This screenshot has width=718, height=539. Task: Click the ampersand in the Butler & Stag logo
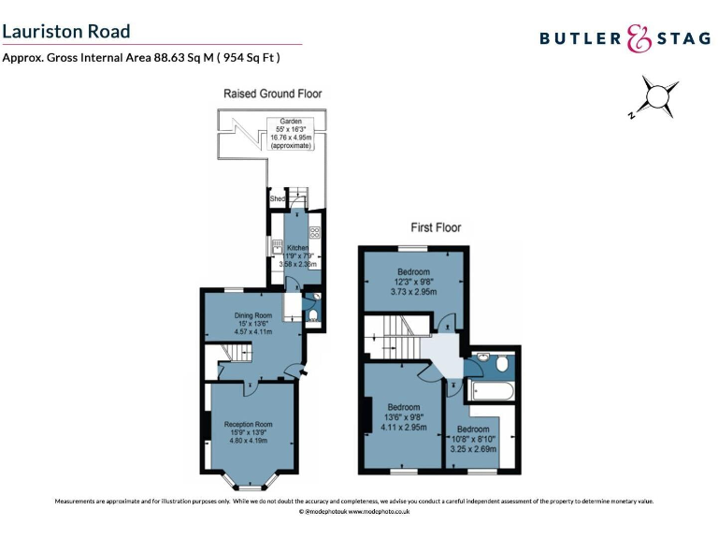coord(638,38)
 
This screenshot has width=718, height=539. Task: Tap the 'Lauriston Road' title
coord(66,31)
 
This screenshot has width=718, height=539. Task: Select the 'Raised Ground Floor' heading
coord(272,94)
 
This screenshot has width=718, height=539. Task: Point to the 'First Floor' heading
coord(436,227)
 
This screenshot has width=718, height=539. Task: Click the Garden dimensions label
coord(292,134)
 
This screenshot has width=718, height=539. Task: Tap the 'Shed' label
coord(277,199)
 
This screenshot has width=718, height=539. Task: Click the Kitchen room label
coord(299,255)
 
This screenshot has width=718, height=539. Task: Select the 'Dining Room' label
coord(252,323)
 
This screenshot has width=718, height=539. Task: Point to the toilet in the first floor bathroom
coord(503,361)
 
